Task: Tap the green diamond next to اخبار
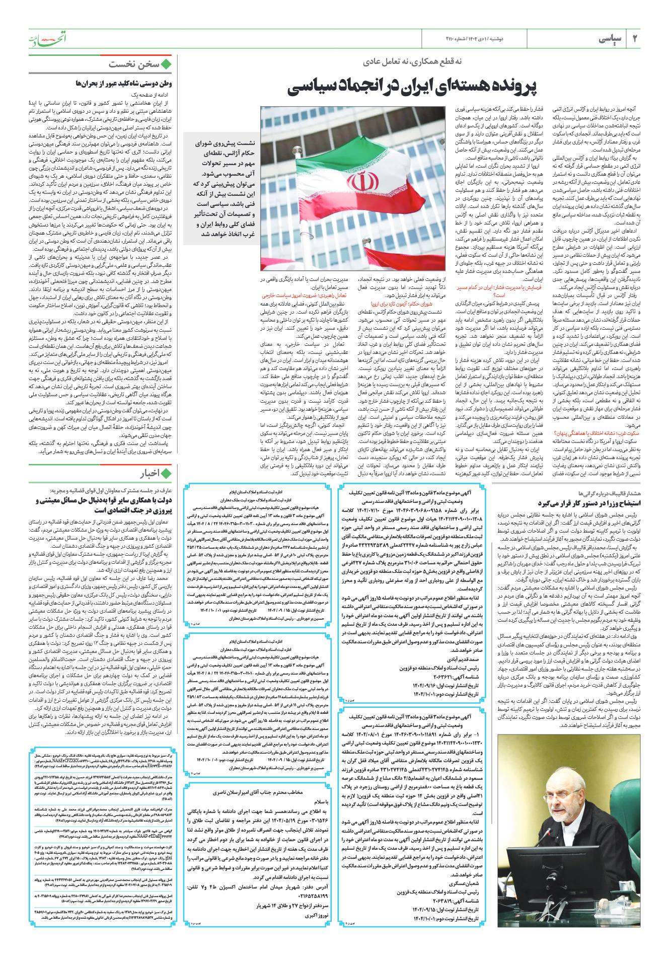[x=167, y=473]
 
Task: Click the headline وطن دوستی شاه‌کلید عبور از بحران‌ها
[x=124, y=83]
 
